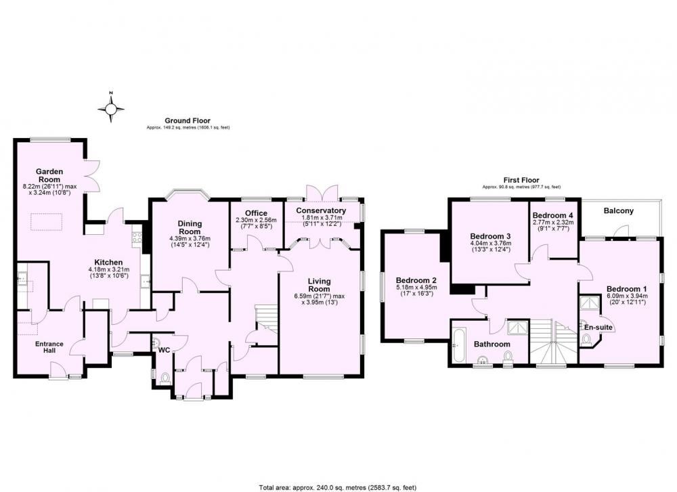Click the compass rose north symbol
[111, 107]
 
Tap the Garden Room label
[49, 176]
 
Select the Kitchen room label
[108, 263]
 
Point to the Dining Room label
[190, 227]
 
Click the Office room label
[256, 213]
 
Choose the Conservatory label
[321, 210]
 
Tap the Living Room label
[319, 286]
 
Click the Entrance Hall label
[49, 347]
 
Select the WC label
[164, 351]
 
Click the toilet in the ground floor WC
[165, 378]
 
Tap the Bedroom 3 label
[490, 236]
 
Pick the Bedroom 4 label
[552, 215]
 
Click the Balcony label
[618, 211]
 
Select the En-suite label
[598, 328]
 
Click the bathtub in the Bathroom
[458, 346]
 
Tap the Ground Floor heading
[188, 121]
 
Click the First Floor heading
[521, 180]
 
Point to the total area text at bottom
[338, 488]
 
